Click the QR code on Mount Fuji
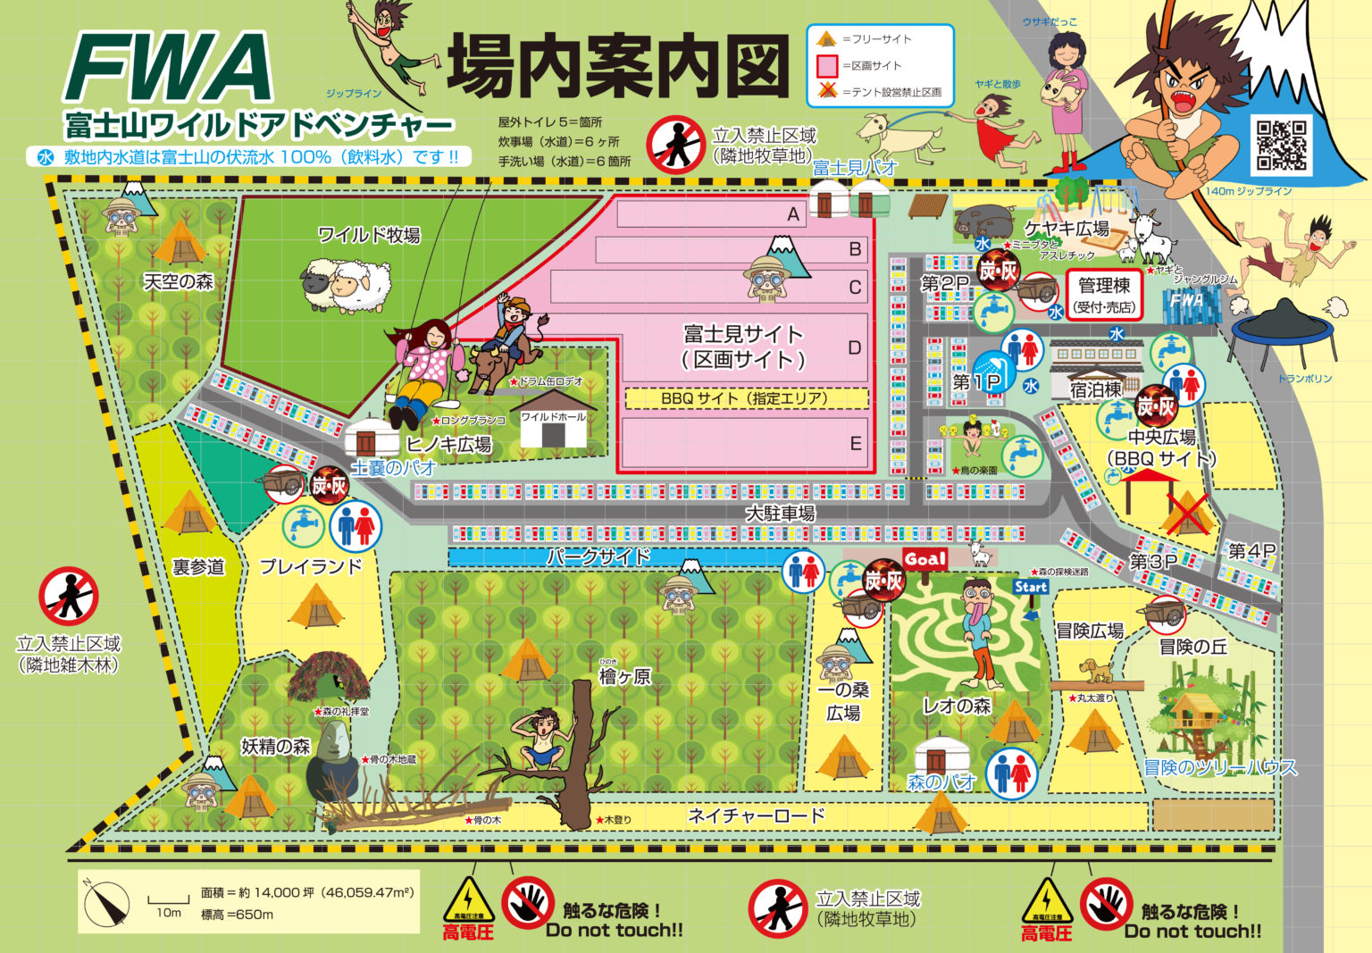pos(1281,145)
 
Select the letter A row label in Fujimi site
pos(792,214)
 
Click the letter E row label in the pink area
pos(855,444)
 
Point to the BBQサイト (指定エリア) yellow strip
pos(745,398)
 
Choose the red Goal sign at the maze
pos(924,559)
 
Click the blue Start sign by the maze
pos(1030,587)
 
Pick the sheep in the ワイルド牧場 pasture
pos(346,285)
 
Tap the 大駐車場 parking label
pos(781,514)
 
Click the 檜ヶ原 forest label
pos(624,676)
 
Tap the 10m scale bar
pos(168,902)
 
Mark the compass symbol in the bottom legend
pos(106,903)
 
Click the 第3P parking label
pos(1152,562)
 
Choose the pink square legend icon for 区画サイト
pos(827,66)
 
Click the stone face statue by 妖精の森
pos(333,759)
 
